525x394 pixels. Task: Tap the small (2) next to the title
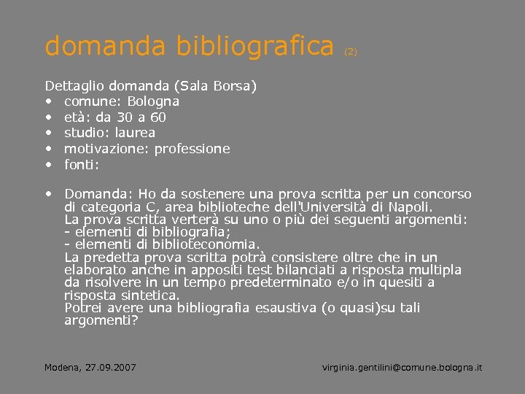(x=351, y=52)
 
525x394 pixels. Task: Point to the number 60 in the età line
(x=158, y=117)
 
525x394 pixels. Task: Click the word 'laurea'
(x=136, y=133)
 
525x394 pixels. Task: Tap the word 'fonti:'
(x=82, y=165)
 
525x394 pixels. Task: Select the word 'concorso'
(x=443, y=194)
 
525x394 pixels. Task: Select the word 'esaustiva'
(x=286, y=308)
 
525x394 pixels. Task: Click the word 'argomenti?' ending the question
(x=101, y=320)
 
